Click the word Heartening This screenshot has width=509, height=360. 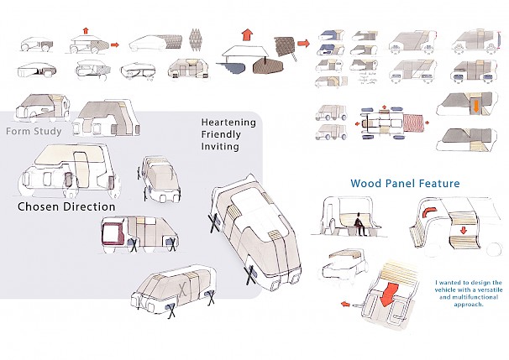tap(228, 123)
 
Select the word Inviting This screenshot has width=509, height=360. tap(220, 147)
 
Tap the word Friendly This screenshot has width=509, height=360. tap(222, 134)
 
